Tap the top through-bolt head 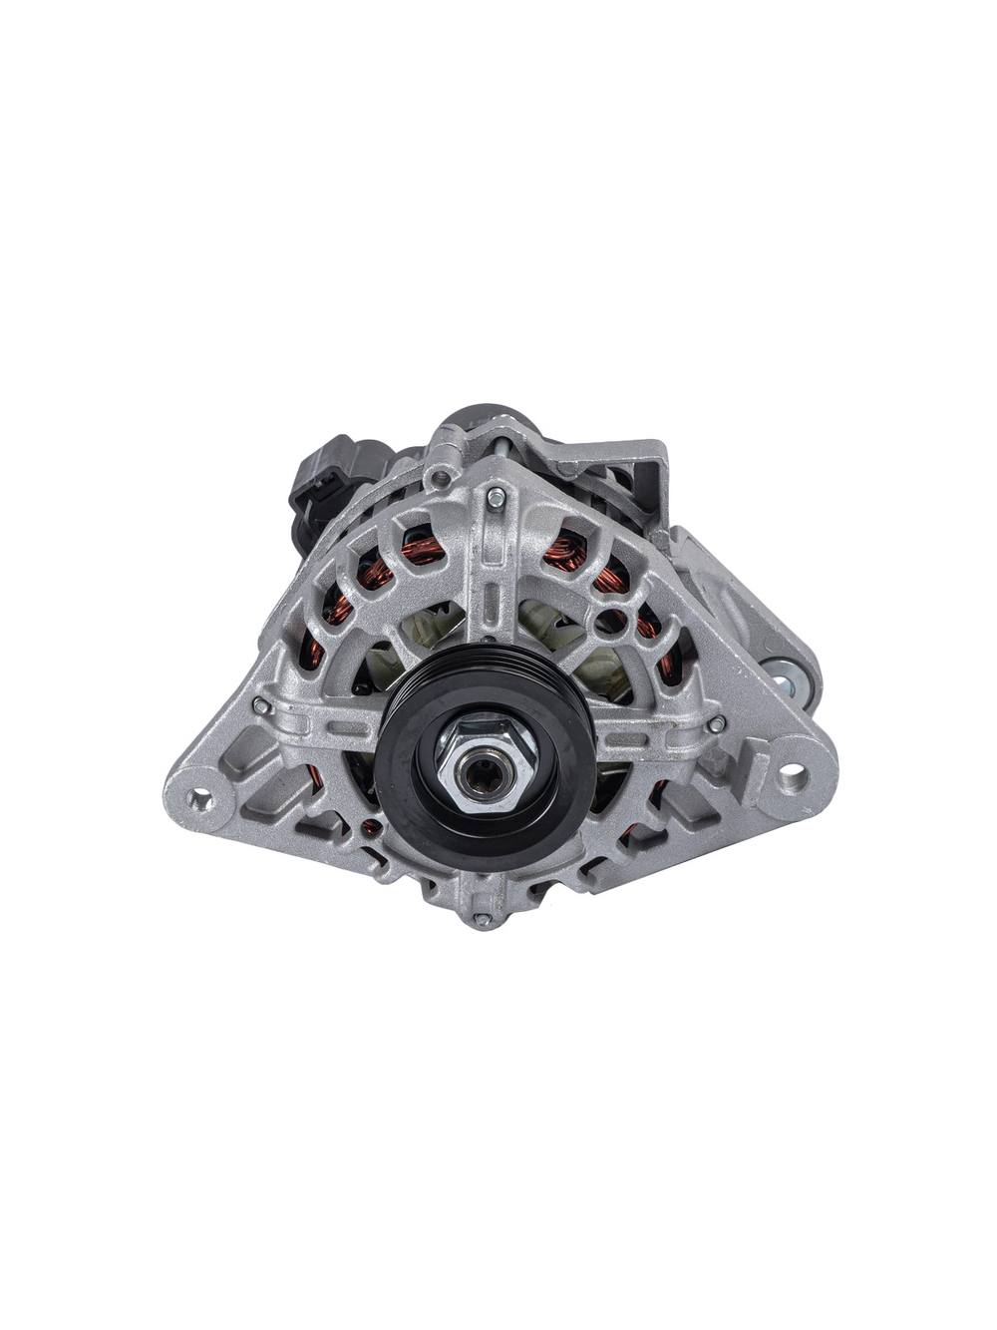pyautogui.click(x=496, y=497)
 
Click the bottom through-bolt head pyautogui.click(x=483, y=919)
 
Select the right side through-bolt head pyautogui.click(x=716, y=722)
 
